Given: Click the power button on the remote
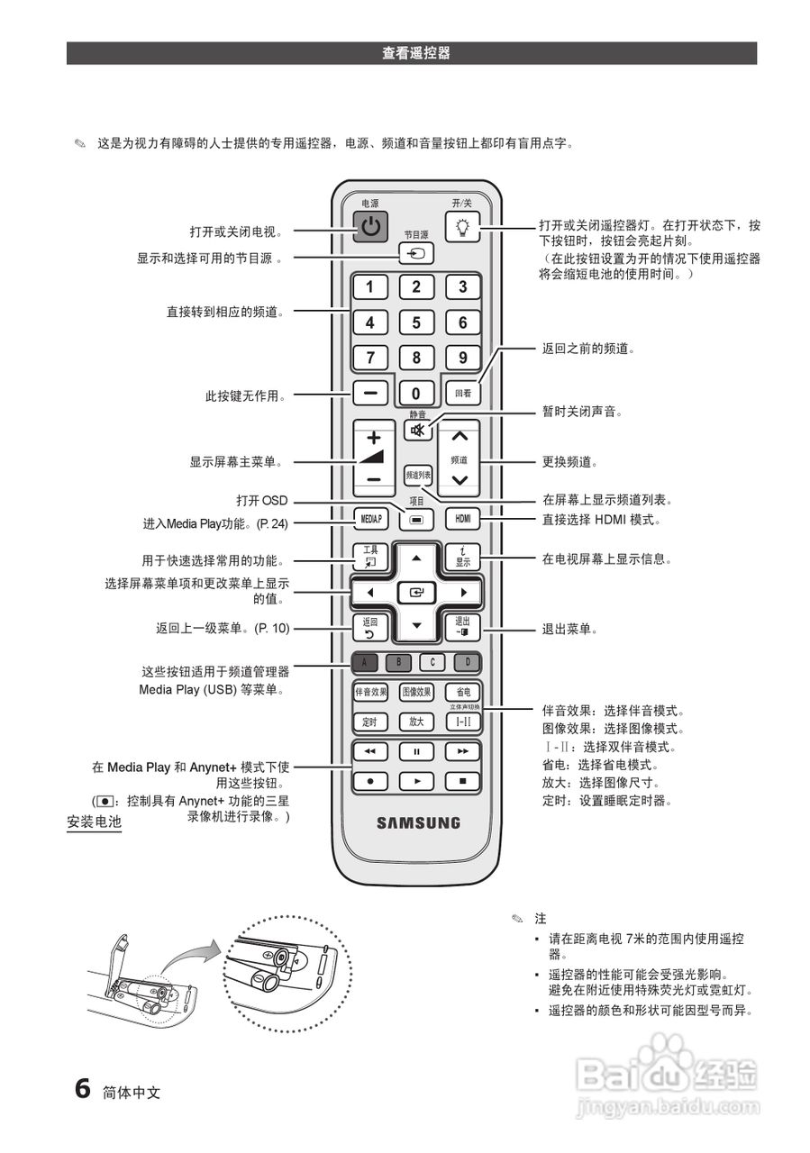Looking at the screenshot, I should [x=370, y=226].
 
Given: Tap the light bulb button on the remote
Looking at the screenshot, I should [x=463, y=226].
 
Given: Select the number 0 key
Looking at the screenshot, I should [x=416, y=394].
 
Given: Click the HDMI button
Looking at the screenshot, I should [x=463, y=519].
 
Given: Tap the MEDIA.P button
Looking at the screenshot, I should [x=370, y=519].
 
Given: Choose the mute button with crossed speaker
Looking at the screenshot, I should [x=416, y=431].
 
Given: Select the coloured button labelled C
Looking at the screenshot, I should [x=432, y=663].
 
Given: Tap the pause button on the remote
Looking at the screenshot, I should [x=416, y=750].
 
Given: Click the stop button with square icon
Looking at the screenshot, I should [x=463, y=781].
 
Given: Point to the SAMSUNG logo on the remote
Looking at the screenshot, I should [x=417, y=822].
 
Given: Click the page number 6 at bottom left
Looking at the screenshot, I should [x=82, y=1088].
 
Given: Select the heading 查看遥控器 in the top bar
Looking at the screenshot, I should [x=415, y=53].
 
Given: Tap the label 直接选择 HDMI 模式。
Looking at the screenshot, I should [x=602, y=520].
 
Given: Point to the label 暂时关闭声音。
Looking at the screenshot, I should [x=582, y=411].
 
